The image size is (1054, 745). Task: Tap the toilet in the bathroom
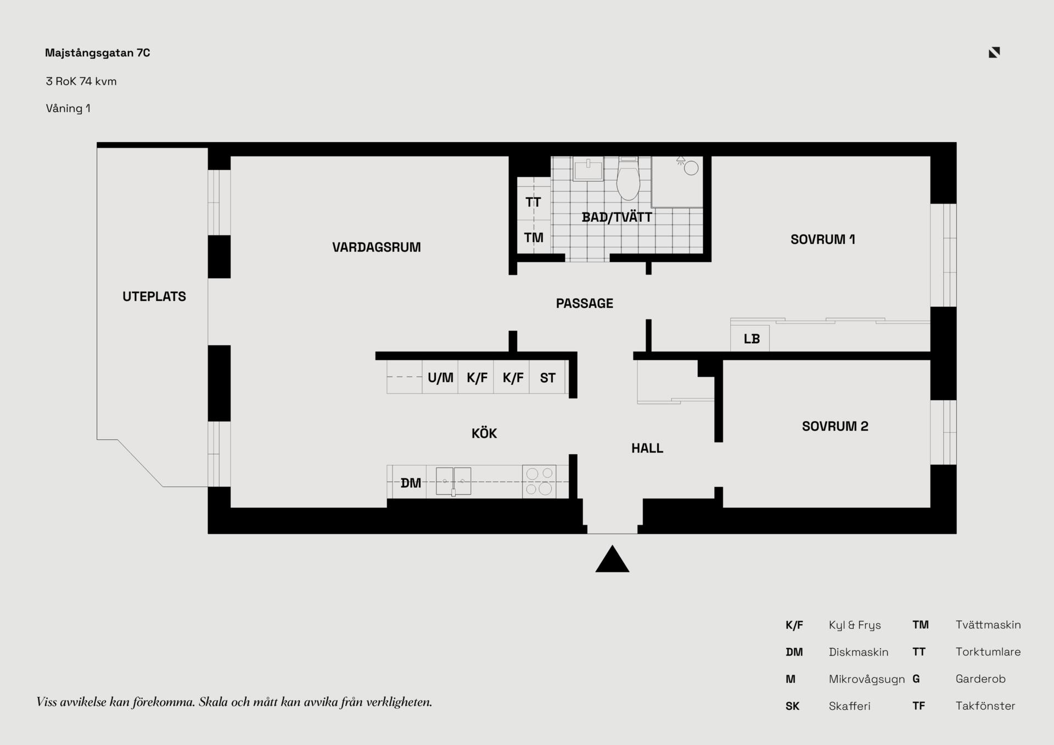click(628, 178)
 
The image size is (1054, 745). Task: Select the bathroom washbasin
click(588, 169)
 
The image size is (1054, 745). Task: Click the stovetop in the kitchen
click(539, 481)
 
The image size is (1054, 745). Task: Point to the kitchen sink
click(453, 481)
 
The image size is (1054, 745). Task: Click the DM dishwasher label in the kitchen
click(411, 483)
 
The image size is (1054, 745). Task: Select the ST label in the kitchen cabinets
click(547, 378)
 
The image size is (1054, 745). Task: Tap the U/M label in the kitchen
click(440, 378)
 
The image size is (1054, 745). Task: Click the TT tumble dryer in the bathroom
click(534, 202)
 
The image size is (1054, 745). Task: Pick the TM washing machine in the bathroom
click(534, 237)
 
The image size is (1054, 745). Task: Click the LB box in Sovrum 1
click(750, 338)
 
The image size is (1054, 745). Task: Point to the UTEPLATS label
click(154, 296)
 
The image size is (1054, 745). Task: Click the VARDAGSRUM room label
click(377, 247)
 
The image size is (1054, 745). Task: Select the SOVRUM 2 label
click(835, 426)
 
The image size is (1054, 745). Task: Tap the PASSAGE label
click(585, 303)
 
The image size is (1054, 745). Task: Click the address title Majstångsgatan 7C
click(98, 53)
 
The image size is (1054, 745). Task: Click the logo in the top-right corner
click(994, 52)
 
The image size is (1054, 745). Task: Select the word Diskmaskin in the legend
click(859, 652)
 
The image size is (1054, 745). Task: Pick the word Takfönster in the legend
click(985, 706)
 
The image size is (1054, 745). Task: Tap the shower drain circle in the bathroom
click(692, 168)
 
